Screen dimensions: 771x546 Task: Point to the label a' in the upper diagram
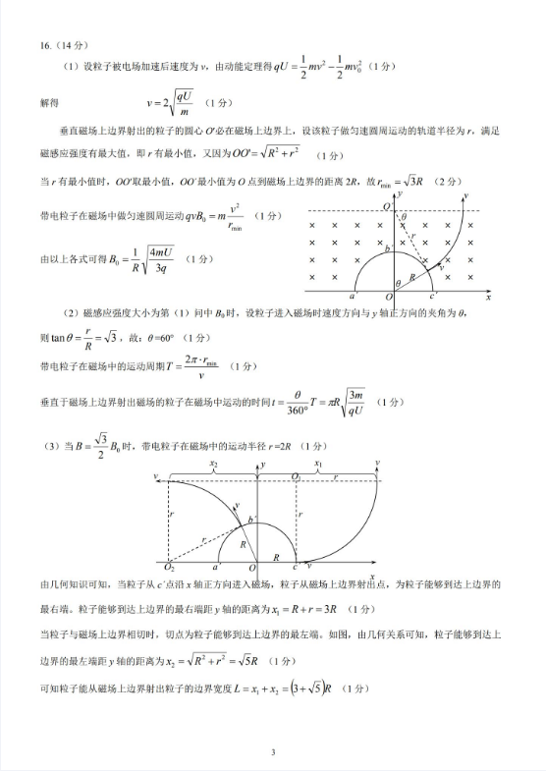tap(353, 295)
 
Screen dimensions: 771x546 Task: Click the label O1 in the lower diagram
tap(297, 475)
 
